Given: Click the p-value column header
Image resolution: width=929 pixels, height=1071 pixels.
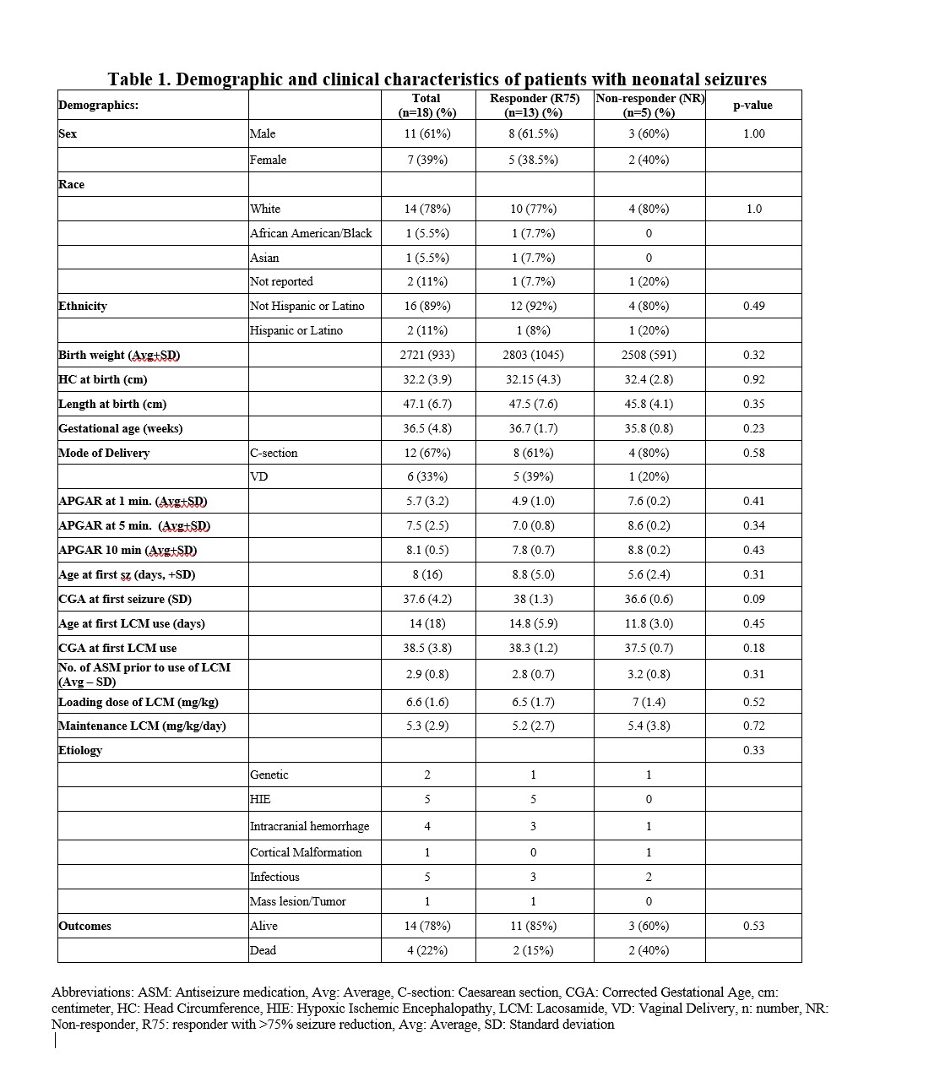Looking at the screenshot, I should (x=752, y=106).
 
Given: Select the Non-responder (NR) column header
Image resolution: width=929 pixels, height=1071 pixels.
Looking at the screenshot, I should (x=649, y=106).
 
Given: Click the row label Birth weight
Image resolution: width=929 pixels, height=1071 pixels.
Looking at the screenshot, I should (x=119, y=356).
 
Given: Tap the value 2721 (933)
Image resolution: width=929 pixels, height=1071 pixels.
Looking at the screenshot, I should (x=427, y=356).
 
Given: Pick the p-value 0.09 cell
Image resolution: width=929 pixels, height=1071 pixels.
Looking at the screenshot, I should (x=753, y=599).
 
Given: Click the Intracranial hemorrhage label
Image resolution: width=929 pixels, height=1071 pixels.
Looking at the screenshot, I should (x=309, y=826).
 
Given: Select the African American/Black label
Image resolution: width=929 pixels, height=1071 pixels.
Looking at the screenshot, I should (x=311, y=233).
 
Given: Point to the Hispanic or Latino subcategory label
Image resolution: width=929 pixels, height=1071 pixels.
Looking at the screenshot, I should (x=296, y=331).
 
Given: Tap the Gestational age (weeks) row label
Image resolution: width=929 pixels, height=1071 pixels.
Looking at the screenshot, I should (x=120, y=428).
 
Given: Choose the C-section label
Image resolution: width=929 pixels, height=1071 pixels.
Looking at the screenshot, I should (x=274, y=453).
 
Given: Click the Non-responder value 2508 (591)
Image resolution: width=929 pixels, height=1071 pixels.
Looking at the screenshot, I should (x=649, y=356).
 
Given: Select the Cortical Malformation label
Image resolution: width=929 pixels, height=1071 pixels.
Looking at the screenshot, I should (x=306, y=852).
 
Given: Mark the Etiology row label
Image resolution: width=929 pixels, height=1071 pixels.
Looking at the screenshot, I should (x=80, y=750).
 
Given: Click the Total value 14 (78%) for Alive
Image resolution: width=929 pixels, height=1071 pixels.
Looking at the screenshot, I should (x=427, y=926).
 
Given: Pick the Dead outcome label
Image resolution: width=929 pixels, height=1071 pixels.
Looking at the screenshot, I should (x=263, y=950).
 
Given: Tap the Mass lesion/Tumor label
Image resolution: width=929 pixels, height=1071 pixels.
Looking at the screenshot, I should (x=297, y=901).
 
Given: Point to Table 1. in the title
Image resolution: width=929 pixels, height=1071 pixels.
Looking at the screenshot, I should (x=139, y=79).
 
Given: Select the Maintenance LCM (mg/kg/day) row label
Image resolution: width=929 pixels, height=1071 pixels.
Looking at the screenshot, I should (x=142, y=726).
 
